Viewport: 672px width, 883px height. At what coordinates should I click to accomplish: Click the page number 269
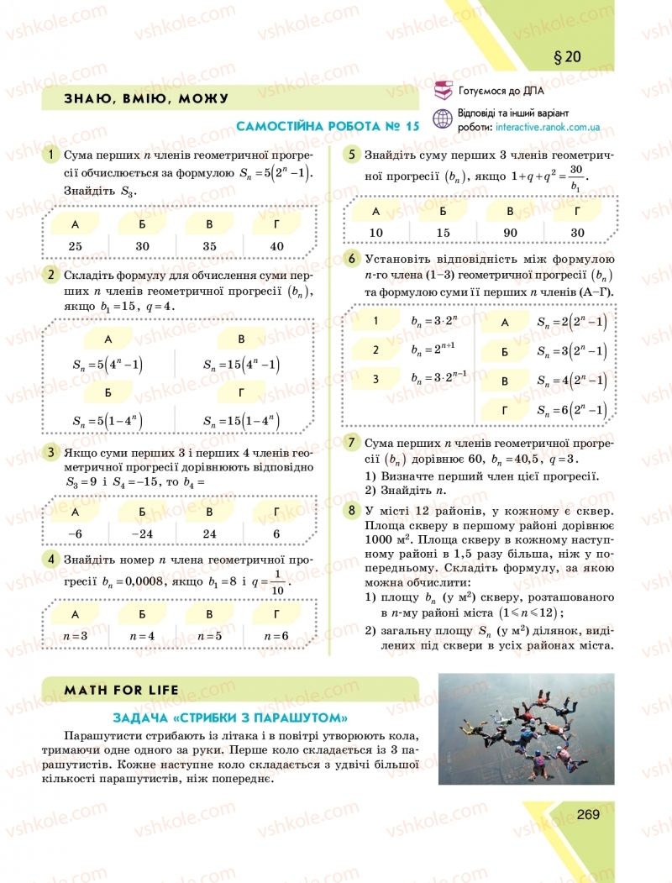(x=587, y=814)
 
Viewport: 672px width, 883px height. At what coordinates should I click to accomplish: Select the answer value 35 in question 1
(x=209, y=246)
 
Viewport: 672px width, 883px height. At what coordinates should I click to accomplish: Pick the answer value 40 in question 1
(x=276, y=246)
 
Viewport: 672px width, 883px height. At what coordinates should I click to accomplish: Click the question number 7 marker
(x=353, y=442)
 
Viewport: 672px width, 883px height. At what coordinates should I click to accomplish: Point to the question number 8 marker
(x=353, y=510)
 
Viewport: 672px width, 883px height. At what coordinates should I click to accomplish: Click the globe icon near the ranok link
(x=442, y=119)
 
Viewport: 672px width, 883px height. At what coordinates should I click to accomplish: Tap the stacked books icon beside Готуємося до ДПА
(x=442, y=91)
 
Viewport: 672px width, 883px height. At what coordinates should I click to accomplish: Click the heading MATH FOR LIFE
(x=122, y=690)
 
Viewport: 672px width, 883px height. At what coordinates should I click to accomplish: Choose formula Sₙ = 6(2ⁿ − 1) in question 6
(x=571, y=410)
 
